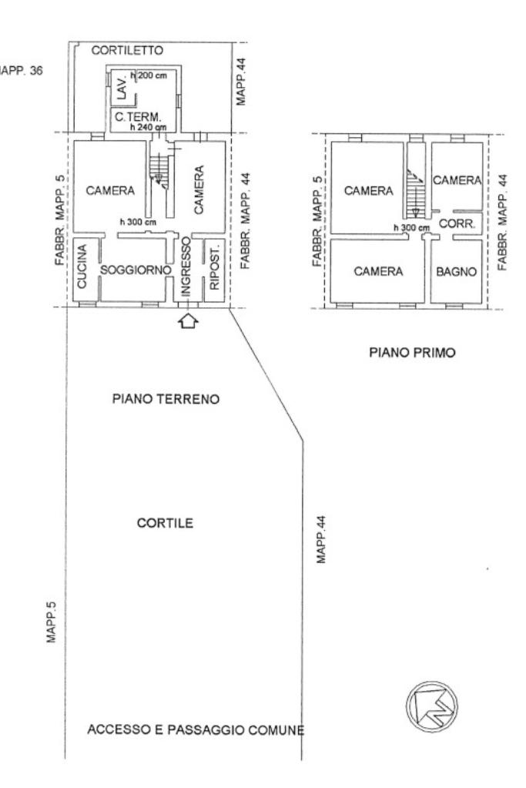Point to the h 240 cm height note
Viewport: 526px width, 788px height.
click(x=148, y=126)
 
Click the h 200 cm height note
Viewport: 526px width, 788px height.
click(x=150, y=75)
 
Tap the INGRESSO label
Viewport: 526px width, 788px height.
click(x=185, y=268)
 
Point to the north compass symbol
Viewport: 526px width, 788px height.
click(x=431, y=705)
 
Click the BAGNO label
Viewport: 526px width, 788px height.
click(x=457, y=271)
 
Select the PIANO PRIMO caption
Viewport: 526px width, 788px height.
click(x=412, y=353)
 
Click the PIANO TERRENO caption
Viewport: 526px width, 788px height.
click(x=166, y=400)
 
